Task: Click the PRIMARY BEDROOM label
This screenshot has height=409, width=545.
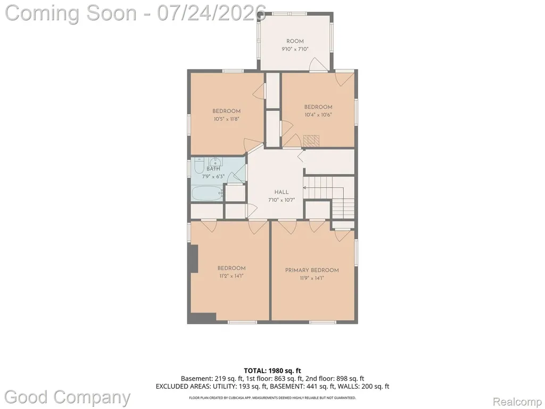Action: [312, 270]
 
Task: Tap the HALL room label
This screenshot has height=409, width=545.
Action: [282, 192]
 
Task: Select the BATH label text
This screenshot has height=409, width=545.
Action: [213, 169]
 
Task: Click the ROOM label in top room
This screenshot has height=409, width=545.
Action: [295, 41]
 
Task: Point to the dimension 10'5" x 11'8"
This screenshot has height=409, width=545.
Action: [227, 119]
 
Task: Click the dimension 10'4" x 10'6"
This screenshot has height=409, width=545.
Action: [318, 115]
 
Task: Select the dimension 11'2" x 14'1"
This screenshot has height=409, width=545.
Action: [232, 276]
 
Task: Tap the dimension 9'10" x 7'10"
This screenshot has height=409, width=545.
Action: [295, 49]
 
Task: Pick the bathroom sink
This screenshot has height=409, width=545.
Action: [216, 161]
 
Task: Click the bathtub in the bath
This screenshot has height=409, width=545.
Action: [208, 193]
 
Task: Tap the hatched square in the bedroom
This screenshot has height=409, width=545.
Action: [311, 141]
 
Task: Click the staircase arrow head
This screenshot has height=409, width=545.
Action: [304, 188]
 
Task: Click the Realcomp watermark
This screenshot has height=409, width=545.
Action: [516, 402]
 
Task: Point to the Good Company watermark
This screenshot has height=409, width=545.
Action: [68, 397]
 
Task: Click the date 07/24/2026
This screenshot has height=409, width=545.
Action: [212, 13]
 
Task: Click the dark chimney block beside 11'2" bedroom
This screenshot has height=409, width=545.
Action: [193, 258]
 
